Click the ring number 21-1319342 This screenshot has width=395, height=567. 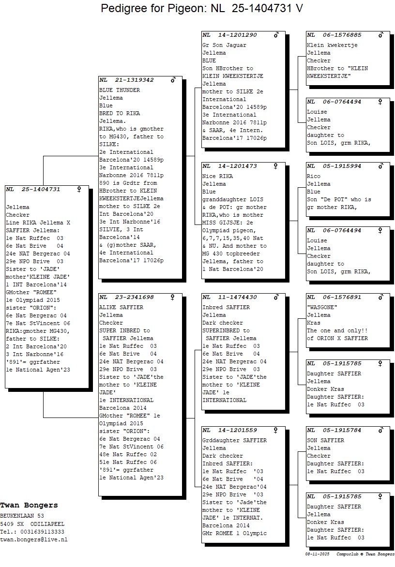click(x=134, y=80)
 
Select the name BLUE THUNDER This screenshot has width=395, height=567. click(x=120, y=90)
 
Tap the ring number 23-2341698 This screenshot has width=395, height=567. click(x=134, y=297)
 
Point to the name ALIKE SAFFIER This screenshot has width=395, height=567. click(x=121, y=307)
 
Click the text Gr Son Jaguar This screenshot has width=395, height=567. click(x=224, y=45)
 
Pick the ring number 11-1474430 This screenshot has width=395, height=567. click(x=237, y=297)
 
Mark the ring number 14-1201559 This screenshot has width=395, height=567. click(x=237, y=430)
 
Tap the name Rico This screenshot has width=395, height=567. click(x=314, y=176)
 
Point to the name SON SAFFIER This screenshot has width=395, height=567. click(x=325, y=440)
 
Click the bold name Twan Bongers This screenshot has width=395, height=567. click(x=29, y=505)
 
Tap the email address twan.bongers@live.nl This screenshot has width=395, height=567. click(x=34, y=539)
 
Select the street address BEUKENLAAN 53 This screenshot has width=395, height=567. click(x=22, y=516)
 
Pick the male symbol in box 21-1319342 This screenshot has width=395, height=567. click(x=173, y=80)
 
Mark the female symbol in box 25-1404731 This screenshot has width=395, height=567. click(x=79, y=189)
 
